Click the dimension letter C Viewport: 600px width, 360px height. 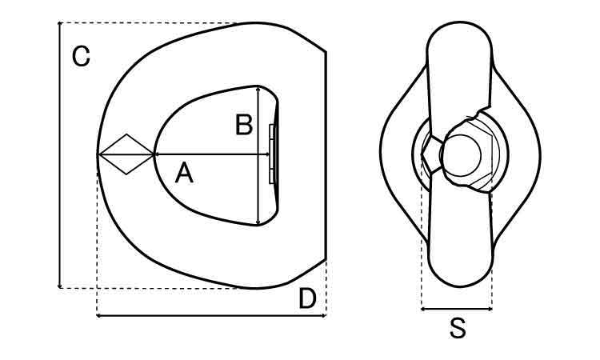81,56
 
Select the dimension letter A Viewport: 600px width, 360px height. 184,173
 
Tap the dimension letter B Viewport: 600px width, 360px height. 244,125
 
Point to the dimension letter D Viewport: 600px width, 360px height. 307,298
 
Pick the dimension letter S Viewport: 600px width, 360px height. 458,328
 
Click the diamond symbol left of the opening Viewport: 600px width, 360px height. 126,154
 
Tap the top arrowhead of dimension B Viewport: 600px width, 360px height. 258,89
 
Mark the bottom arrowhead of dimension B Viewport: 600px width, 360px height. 258,222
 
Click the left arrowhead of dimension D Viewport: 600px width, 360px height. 99,316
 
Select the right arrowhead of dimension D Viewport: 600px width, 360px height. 324,316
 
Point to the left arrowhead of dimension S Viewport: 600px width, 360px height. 423,309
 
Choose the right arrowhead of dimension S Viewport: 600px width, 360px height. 490,309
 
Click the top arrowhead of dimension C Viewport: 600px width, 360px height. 60,24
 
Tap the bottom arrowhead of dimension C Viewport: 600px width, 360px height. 60,286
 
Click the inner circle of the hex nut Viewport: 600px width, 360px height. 461,155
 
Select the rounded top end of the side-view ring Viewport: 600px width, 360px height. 459,24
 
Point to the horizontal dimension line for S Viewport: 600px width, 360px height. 457,309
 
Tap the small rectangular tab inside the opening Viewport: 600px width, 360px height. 272,154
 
